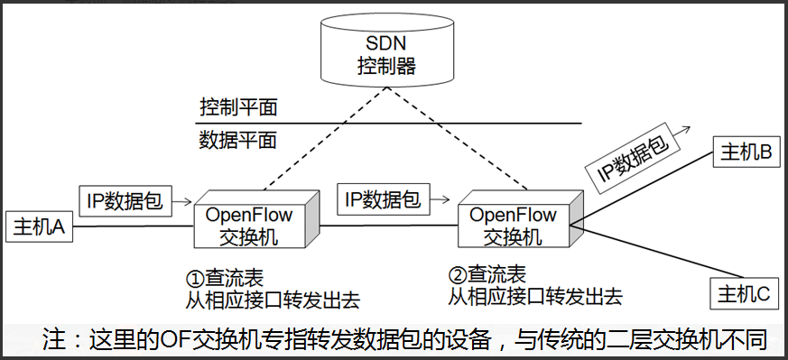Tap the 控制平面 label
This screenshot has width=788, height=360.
(237, 107)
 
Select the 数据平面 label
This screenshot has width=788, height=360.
(237, 140)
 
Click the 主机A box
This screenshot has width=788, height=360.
(39, 228)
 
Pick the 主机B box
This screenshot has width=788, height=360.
(745, 152)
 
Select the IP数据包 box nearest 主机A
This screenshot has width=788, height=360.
(124, 200)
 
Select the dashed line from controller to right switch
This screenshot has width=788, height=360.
(460, 144)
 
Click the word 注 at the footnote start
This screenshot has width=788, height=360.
(55, 340)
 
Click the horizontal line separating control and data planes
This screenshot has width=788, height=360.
(388, 124)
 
